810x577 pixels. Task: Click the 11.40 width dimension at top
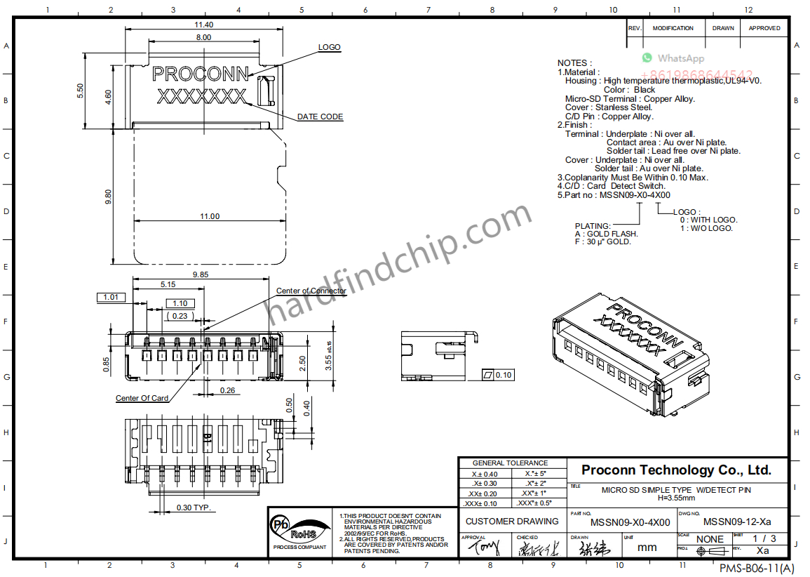pyautogui.click(x=203, y=25)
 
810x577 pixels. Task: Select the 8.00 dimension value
pyautogui.click(x=203, y=37)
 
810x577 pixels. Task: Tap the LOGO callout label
pyautogui.click(x=329, y=47)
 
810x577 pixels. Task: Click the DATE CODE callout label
pyautogui.click(x=320, y=117)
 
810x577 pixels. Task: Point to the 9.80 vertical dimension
pyautogui.click(x=108, y=197)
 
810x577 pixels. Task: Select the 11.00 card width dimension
pyautogui.click(x=209, y=216)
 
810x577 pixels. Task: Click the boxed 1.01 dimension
pyautogui.click(x=111, y=297)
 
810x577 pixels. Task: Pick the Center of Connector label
pyautogui.click(x=311, y=291)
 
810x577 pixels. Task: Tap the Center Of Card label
pyautogui.click(x=142, y=398)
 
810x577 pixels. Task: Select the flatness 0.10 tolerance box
pyautogui.click(x=498, y=375)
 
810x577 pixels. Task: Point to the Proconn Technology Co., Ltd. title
pyautogui.click(x=676, y=470)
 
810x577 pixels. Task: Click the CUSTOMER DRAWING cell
pyautogui.click(x=512, y=522)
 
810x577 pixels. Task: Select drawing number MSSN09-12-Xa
pyautogui.click(x=736, y=522)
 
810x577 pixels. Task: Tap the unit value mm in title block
pyautogui.click(x=647, y=547)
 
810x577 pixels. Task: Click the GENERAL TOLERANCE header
pyautogui.click(x=510, y=463)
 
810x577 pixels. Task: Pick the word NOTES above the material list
pyautogui.click(x=574, y=63)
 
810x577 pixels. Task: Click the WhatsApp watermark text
pyautogui.click(x=680, y=58)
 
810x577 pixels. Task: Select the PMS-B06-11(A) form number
pyautogui.click(x=757, y=567)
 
